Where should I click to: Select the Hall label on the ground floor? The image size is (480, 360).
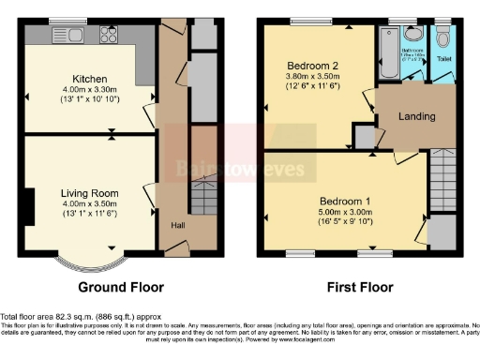[176, 225]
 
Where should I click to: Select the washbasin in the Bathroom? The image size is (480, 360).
[414, 33]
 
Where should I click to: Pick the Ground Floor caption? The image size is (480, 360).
[120, 287]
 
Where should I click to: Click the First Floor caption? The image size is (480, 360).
[360, 287]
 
